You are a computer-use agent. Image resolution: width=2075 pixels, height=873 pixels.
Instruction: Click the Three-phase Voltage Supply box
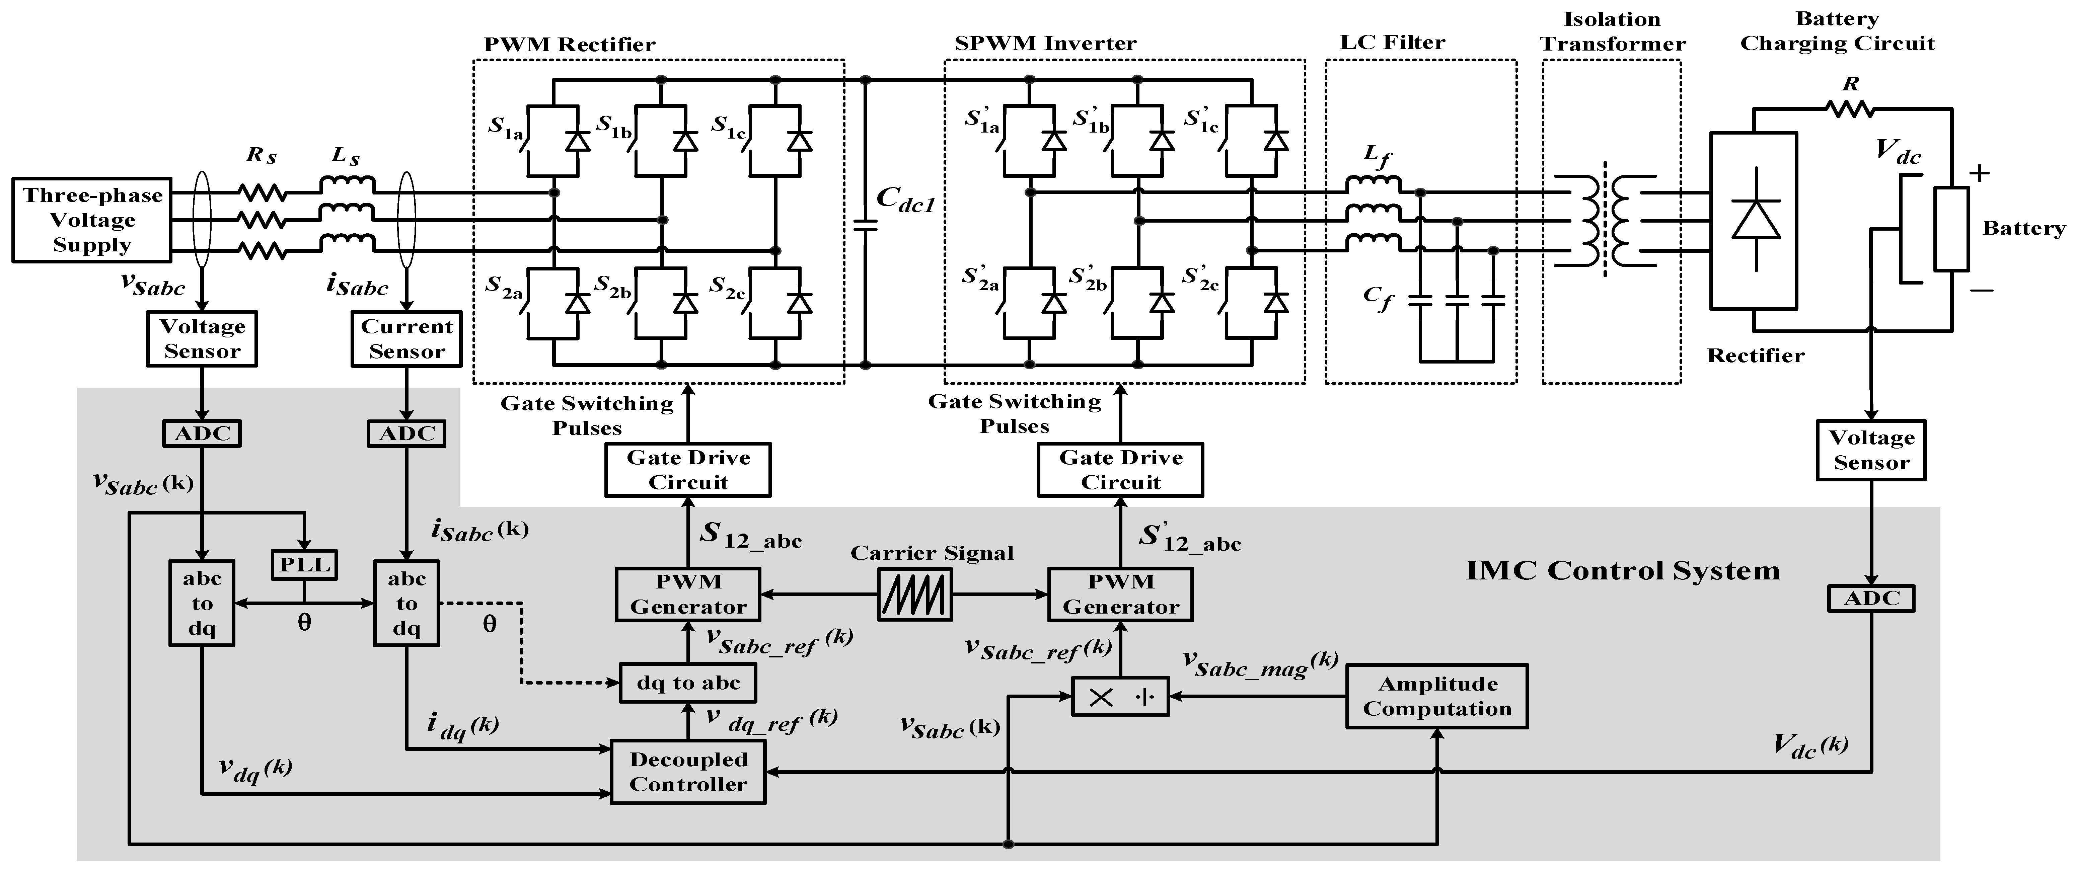(92, 220)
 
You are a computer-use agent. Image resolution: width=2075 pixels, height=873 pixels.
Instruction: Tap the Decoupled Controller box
(688, 772)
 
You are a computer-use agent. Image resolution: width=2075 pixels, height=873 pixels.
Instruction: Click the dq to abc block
(688, 683)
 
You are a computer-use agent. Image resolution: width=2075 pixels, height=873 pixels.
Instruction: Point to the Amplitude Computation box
(1437, 697)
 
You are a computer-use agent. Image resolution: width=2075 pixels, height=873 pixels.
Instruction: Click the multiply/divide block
(1120, 697)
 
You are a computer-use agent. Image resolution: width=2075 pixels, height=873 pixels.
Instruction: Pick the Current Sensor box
(407, 339)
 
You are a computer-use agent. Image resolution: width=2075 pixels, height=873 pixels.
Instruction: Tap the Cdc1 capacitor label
(905, 199)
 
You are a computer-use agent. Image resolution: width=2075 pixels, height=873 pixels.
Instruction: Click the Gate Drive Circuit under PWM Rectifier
(688, 470)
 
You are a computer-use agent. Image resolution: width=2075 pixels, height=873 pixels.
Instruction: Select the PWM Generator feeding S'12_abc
(1120, 594)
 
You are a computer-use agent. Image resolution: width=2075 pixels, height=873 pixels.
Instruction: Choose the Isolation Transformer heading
(1613, 31)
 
